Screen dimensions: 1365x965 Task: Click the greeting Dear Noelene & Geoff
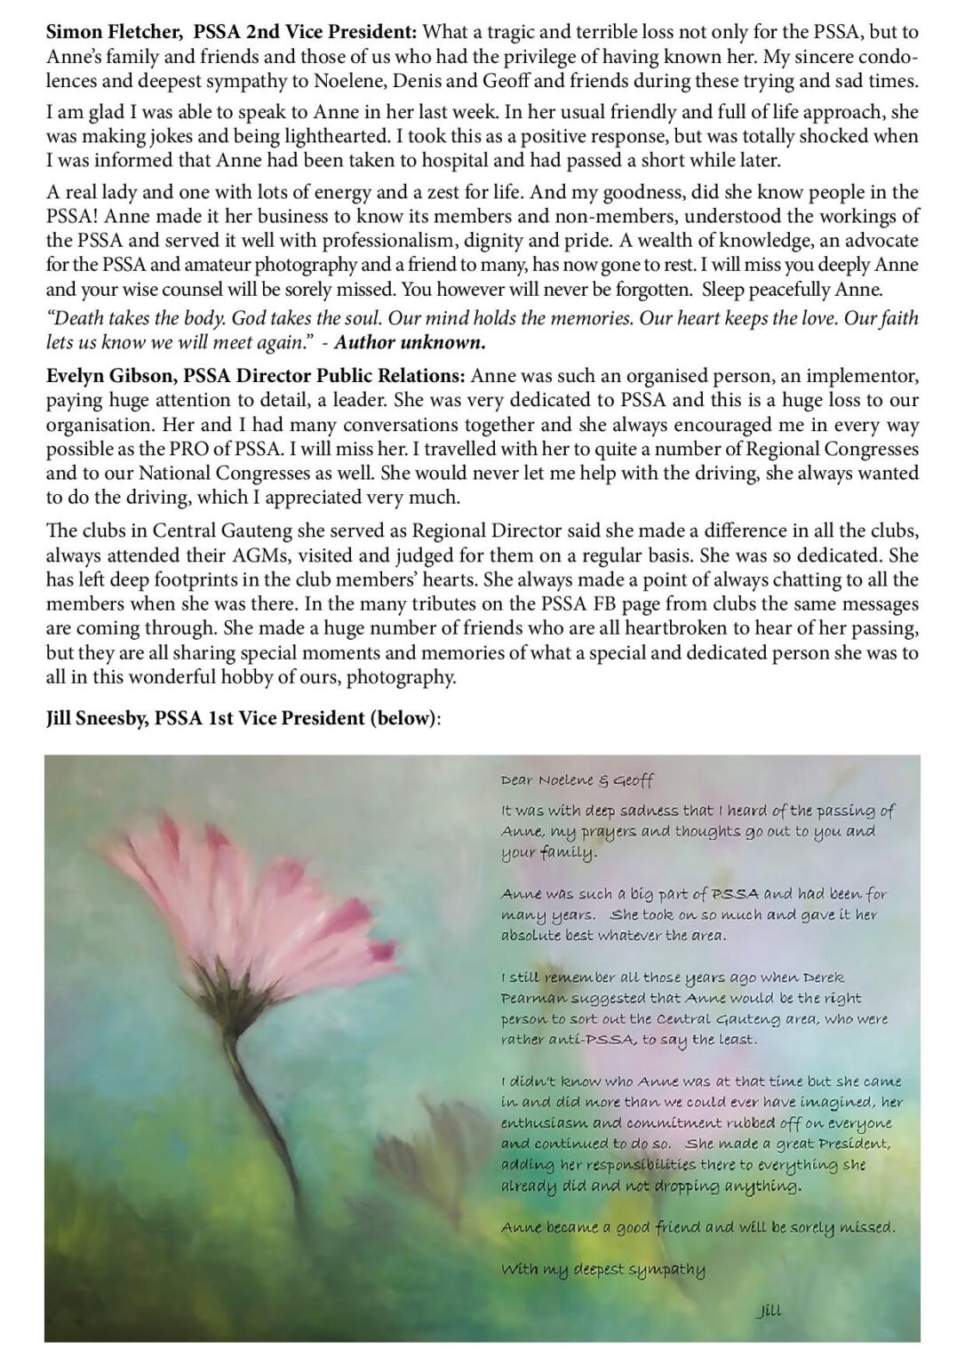point(577,780)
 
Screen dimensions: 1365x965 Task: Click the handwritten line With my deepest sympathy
point(603,1269)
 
